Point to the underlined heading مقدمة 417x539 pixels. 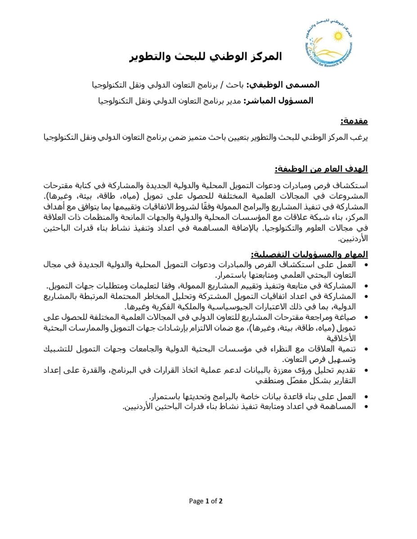[354, 121]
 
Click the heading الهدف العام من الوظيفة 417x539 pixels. [321, 169]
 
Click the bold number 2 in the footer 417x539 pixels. [221, 501]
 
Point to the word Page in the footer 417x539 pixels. [196, 501]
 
